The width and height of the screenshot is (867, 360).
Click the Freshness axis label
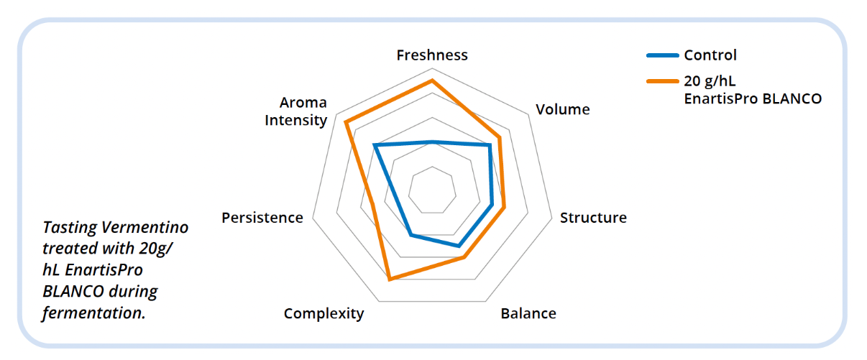(432, 55)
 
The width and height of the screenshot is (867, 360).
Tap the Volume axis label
(563, 109)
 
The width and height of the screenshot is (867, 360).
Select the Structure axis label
(593, 218)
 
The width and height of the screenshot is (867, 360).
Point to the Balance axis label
(528, 313)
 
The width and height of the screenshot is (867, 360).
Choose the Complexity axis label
(324, 313)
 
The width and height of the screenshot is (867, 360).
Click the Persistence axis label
(262, 218)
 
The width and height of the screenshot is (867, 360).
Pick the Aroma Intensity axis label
(295, 111)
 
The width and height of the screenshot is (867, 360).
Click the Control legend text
(710, 55)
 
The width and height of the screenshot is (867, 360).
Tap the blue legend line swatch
(662, 55)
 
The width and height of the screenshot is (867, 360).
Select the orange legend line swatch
(662, 81)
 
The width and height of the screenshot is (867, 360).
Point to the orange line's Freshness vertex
(432, 80)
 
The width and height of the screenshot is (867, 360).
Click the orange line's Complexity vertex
(389, 280)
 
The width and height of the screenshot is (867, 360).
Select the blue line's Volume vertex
(490, 145)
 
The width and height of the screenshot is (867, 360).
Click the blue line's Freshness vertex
(432, 142)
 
